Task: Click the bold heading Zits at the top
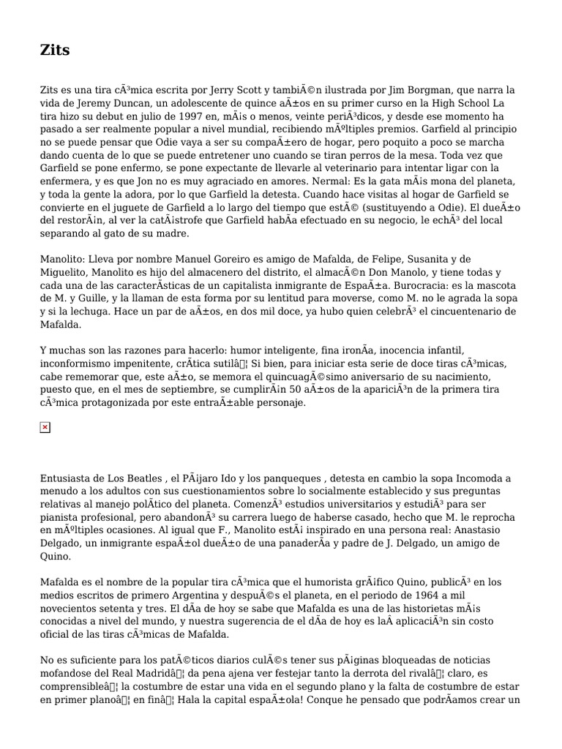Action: (55, 50)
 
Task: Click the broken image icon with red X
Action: (45, 428)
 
